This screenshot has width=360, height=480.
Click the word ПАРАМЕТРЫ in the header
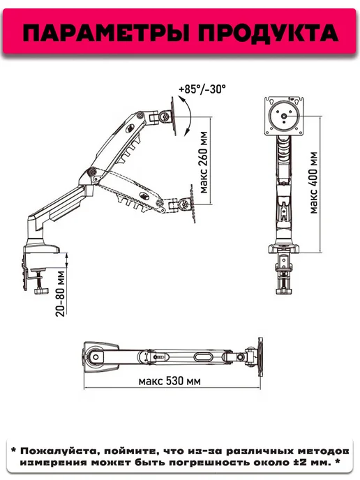coord(105,33)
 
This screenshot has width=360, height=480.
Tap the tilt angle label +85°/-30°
coord(202,89)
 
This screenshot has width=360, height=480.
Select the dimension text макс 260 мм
coord(204,163)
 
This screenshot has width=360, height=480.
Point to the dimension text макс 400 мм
coord(314,183)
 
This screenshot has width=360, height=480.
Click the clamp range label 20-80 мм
coord(61,293)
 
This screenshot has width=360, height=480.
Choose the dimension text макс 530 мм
coord(170,381)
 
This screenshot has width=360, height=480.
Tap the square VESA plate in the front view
coord(284,116)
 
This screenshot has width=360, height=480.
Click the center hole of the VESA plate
coord(284,116)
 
